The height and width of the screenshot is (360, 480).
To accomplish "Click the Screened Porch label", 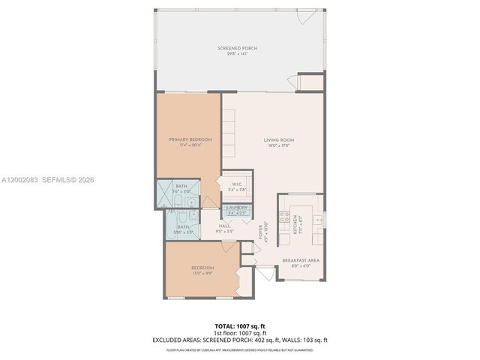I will point(237,48).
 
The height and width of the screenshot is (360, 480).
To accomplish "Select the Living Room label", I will point(278,139).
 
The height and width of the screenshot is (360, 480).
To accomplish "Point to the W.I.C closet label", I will point(236,184).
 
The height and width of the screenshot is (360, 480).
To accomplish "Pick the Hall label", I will point(225,226).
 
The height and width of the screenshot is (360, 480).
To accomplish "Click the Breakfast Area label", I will point(301,260).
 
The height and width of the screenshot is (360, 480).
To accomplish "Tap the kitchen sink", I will point(317,220).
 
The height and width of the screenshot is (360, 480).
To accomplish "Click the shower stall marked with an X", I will point(166,195).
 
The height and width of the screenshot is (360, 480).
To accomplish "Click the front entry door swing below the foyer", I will point(262,275).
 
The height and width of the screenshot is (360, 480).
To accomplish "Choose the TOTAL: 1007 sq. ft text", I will point(240,325).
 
